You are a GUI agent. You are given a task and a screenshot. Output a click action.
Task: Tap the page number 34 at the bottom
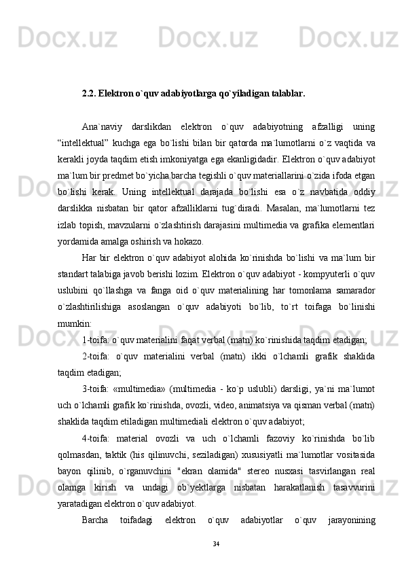coord(217,544)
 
